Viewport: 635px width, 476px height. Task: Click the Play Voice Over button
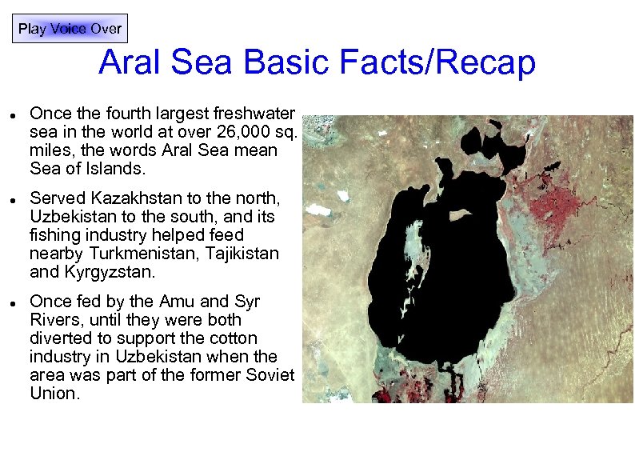pos(70,29)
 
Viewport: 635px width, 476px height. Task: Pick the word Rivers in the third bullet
pos(54,320)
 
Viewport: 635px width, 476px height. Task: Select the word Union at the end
pos(55,394)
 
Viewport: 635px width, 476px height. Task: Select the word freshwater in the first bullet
pos(254,114)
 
